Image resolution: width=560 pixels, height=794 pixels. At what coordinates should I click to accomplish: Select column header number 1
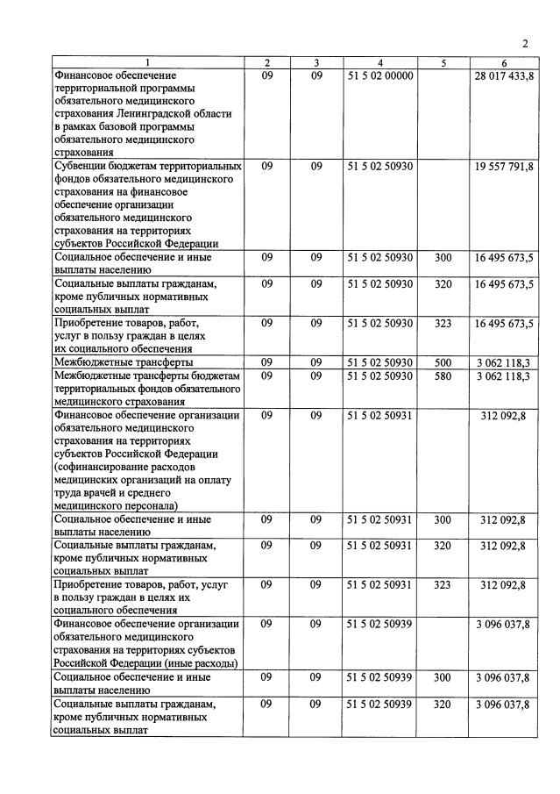[147, 63]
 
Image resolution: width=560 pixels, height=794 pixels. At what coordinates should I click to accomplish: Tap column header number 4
[379, 63]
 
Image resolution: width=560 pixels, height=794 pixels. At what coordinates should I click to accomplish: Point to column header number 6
[504, 63]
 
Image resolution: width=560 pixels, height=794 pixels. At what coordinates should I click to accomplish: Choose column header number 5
[443, 63]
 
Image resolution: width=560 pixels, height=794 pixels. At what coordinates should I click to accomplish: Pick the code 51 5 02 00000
[379, 76]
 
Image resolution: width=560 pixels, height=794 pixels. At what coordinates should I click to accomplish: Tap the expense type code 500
[443, 362]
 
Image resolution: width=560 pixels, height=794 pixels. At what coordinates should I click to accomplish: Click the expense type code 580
[443, 376]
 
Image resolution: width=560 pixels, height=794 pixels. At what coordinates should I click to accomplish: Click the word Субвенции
[85, 166]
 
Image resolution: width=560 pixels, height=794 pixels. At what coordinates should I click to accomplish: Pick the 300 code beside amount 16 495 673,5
[443, 258]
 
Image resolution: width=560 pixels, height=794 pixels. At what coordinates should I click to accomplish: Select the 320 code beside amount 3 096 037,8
[443, 705]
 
